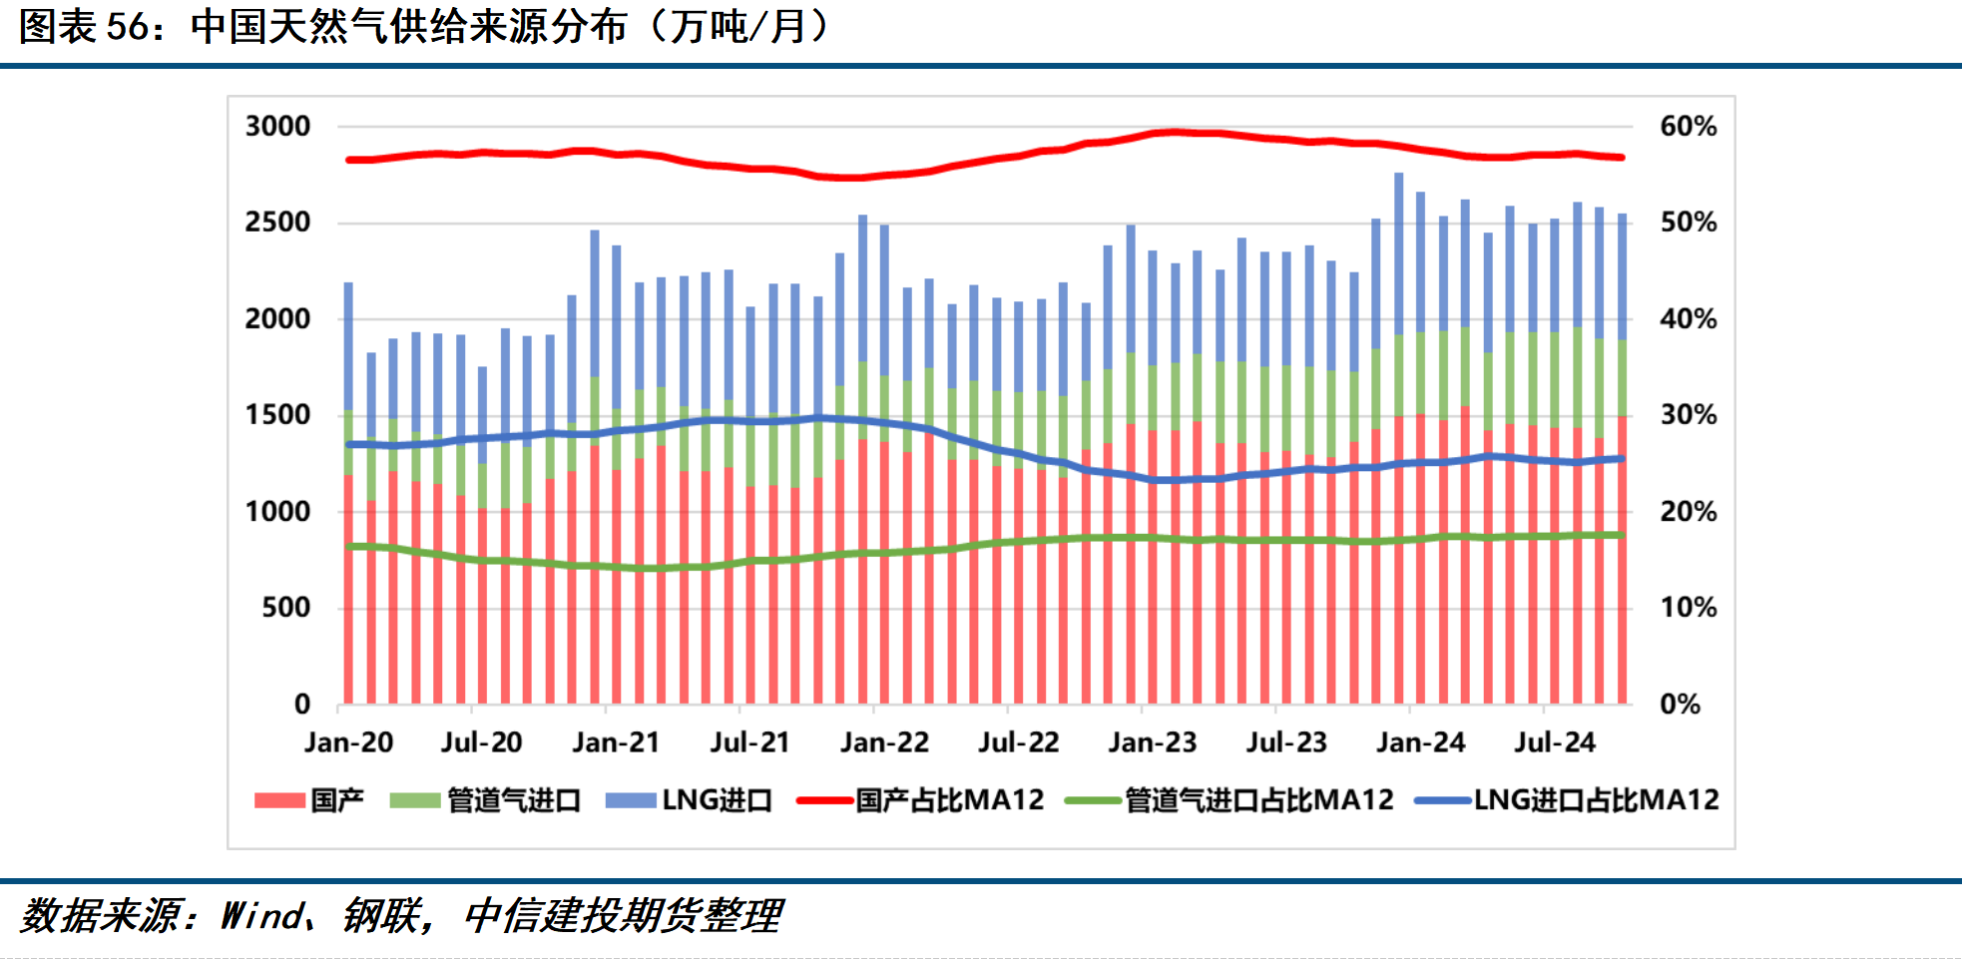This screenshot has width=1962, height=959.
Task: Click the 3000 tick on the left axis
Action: pos(277,127)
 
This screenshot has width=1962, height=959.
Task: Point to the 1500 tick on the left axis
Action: pos(277,415)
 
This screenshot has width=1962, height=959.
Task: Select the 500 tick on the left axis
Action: pos(285,608)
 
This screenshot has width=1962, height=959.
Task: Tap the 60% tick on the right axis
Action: pos(1688,127)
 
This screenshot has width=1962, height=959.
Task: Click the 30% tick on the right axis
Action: pos(1688,415)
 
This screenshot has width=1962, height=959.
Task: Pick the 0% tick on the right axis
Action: pos(1680,705)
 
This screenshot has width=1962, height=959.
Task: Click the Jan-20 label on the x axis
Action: pos(348,742)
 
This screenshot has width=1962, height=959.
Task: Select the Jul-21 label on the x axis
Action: pos(749,742)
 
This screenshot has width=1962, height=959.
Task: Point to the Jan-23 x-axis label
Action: pos(1152,742)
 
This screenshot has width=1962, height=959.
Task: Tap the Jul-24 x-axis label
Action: pos(1554,742)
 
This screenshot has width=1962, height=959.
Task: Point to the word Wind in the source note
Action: pos(262,915)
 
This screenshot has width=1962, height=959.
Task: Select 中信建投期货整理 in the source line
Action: pos(623,915)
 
